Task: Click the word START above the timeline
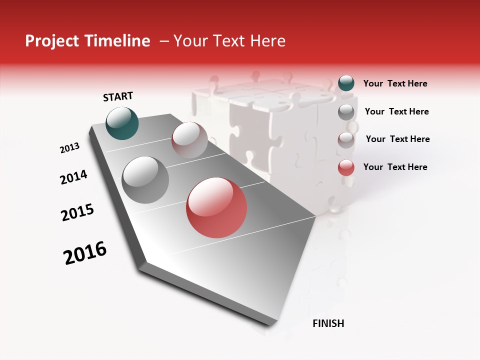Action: (x=118, y=96)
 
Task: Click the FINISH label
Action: (x=328, y=323)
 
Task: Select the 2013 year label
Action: (x=70, y=148)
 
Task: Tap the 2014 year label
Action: (x=74, y=177)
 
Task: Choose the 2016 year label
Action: (x=85, y=253)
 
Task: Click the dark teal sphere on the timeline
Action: (x=122, y=123)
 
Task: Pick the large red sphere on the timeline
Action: (x=216, y=207)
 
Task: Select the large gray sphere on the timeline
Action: (x=145, y=180)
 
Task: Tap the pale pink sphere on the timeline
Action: (x=189, y=140)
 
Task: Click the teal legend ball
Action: (x=346, y=83)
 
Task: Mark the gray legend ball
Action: (x=346, y=112)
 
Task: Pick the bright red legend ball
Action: (x=346, y=167)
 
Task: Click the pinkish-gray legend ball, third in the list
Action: (x=346, y=139)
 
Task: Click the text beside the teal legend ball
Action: (x=395, y=84)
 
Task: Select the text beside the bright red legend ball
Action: (x=395, y=167)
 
